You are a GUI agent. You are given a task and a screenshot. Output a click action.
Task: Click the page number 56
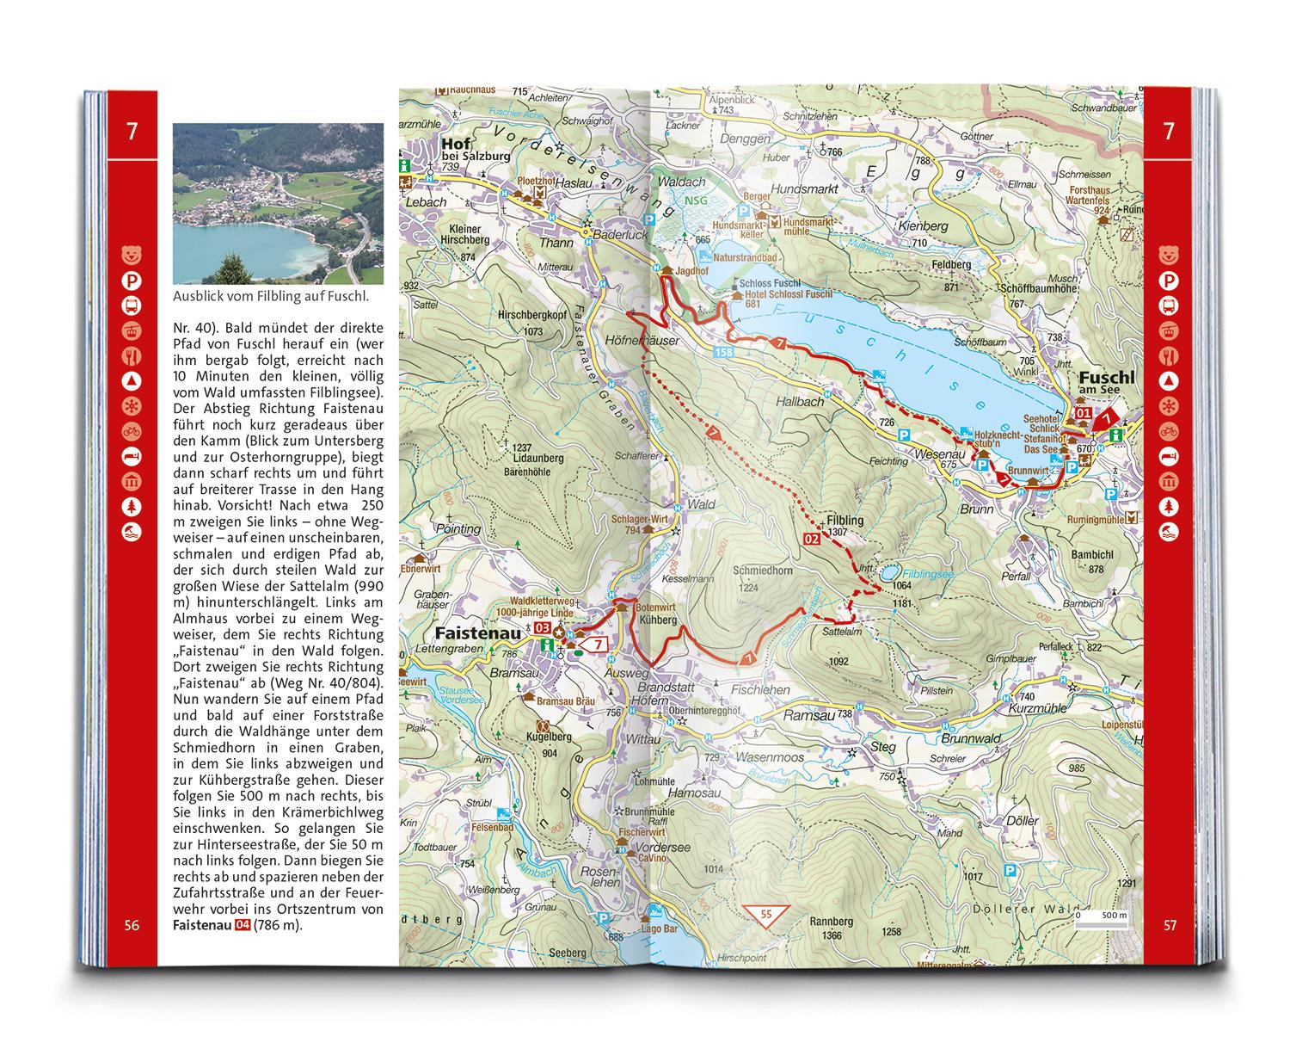click(x=131, y=926)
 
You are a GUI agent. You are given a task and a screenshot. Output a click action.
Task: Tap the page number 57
click(x=1169, y=926)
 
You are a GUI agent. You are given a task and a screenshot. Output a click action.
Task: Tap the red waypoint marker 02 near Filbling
click(x=810, y=539)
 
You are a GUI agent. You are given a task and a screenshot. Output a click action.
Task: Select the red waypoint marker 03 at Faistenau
click(x=542, y=628)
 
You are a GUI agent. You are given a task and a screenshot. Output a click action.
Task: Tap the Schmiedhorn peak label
click(x=763, y=571)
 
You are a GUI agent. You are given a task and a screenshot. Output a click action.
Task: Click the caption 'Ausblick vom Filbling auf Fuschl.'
click(x=270, y=297)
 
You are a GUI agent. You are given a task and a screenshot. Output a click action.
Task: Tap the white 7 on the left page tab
click(x=132, y=133)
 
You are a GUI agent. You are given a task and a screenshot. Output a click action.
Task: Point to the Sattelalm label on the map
click(x=842, y=632)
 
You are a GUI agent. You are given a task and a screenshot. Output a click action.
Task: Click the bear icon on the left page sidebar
click(x=132, y=256)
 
